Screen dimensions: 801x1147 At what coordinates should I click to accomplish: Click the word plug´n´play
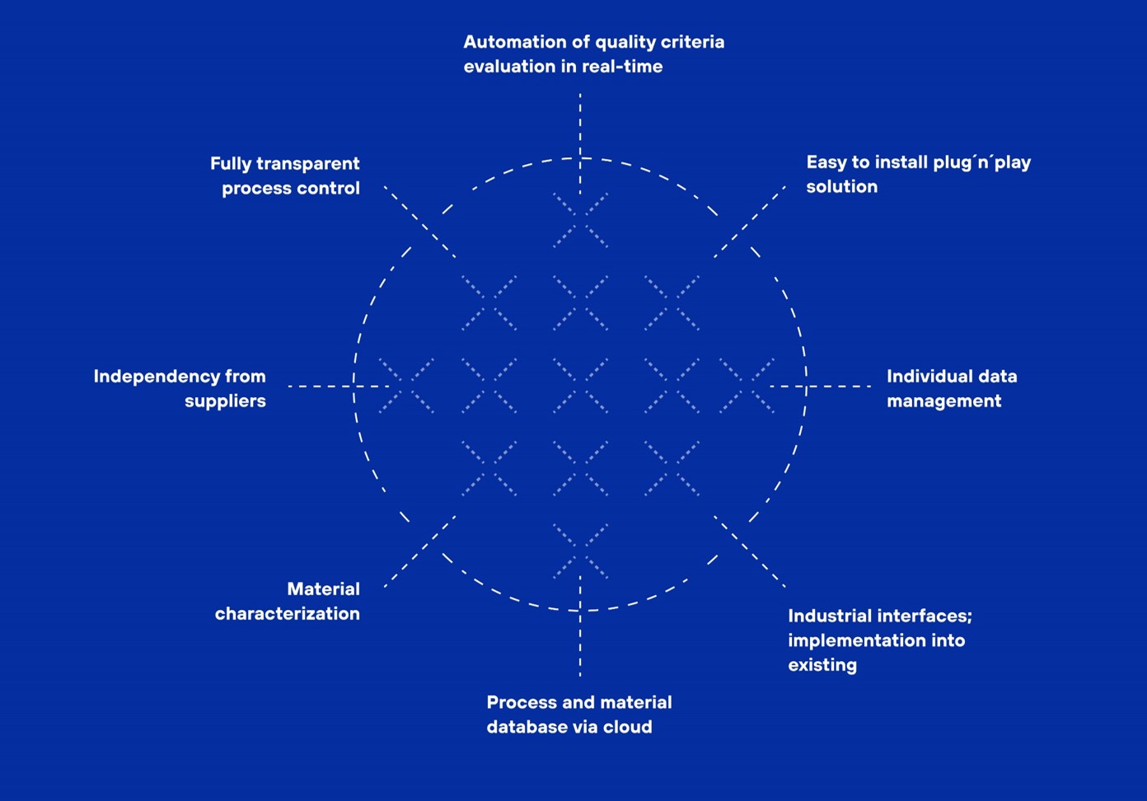pyautogui.click(x=982, y=162)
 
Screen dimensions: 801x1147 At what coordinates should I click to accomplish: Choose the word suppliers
pyautogui.click(x=225, y=401)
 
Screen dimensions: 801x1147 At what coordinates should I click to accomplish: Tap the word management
pyautogui.click(x=943, y=401)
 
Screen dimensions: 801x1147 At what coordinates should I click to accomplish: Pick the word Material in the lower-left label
pyautogui.click(x=323, y=589)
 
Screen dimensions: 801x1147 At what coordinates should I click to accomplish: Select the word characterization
pyautogui.click(x=287, y=614)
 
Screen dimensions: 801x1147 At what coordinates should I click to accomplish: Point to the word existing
pyautogui.click(x=822, y=665)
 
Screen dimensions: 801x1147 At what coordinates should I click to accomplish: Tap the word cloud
pyautogui.click(x=628, y=728)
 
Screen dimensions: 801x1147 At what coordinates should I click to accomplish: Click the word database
pyautogui.click(x=524, y=728)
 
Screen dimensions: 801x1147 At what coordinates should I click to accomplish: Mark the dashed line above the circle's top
pyautogui.click(x=580, y=124)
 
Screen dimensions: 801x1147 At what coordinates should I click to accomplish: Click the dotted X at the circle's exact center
pyautogui.click(x=580, y=386)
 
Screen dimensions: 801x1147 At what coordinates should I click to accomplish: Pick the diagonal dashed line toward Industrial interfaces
pyautogui.click(x=749, y=551)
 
